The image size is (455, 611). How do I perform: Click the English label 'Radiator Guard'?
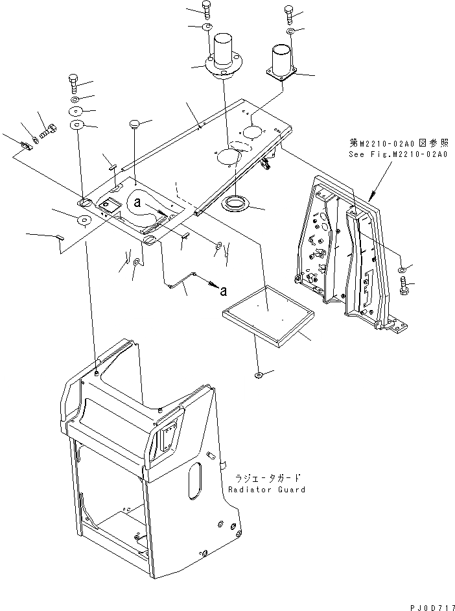(x=266, y=489)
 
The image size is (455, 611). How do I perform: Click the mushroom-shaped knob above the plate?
(x=135, y=123)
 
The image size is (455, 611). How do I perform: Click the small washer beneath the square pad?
(x=258, y=374)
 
